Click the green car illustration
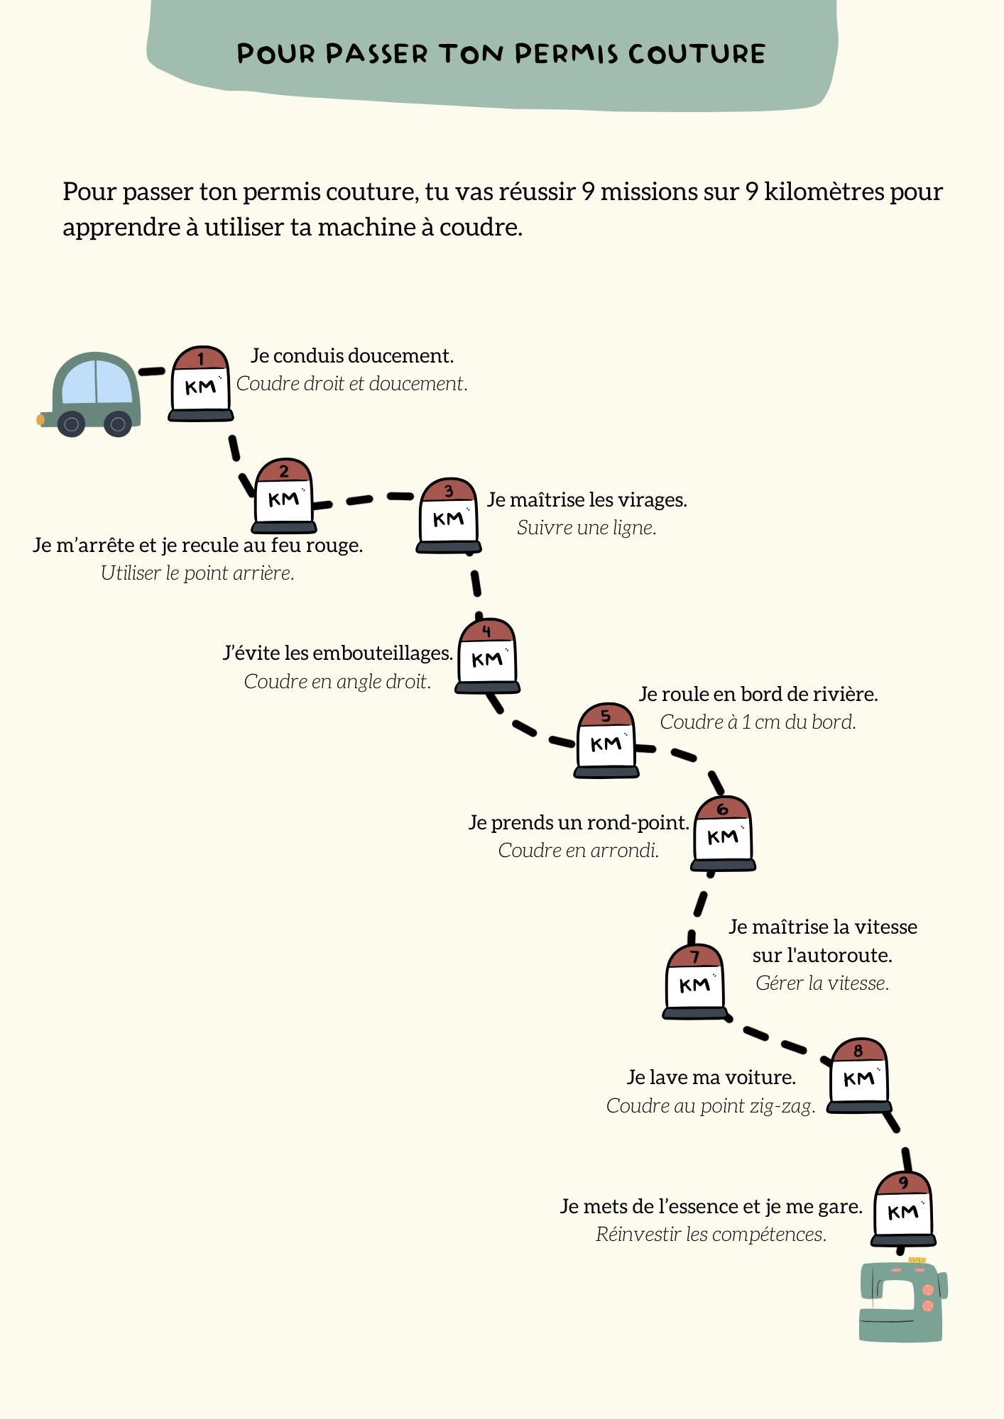(x=91, y=394)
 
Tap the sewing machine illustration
(x=902, y=1301)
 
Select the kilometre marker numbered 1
(x=201, y=384)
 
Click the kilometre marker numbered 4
(x=487, y=656)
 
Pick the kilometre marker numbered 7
(x=694, y=982)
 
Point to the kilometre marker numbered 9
(x=903, y=1208)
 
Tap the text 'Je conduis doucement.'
(x=352, y=355)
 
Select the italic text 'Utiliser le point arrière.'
(x=197, y=573)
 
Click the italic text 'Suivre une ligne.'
(x=586, y=527)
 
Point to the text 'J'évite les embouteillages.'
(x=338, y=653)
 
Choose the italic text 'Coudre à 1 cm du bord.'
(x=758, y=722)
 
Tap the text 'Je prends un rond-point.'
(x=579, y=822)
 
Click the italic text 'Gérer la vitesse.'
(x=822, y=983)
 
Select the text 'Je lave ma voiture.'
(x=711, y=1077)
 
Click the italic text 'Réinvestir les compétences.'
(x=711, y=1234)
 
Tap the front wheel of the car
(x=71, y=424)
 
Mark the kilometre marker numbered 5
(x=606, y=741)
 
